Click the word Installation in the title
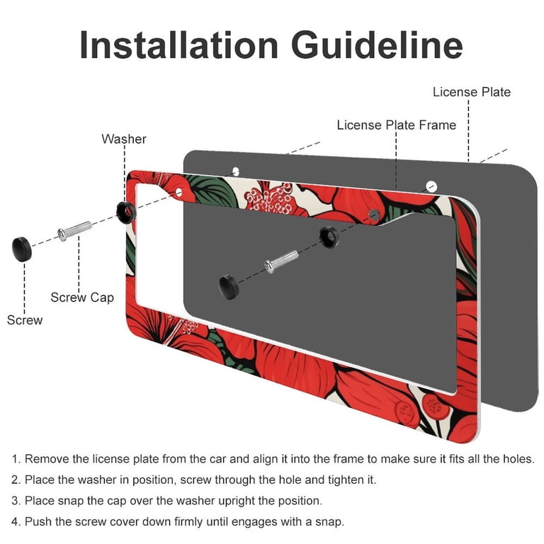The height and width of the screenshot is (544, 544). click(178, 45)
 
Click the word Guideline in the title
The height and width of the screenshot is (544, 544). click(377, 45)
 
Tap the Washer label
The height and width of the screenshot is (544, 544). click(124, 139)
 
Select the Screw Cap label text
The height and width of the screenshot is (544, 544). click(82, 297)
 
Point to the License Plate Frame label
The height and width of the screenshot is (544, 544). click(396, 125)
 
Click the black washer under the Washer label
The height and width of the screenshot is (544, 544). click(125, 212)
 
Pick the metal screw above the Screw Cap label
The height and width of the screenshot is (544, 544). click(74, 231)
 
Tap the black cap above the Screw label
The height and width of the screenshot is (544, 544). click(22, 249)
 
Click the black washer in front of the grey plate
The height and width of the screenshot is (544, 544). click(329, 237)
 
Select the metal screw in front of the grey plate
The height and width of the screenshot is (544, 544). click(281, 261)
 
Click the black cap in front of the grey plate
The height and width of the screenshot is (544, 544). click(229, 287)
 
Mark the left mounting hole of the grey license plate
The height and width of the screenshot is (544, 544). click(236, 171)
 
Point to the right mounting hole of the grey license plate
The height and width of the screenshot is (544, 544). click(431, 186)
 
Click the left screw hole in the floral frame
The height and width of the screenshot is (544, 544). click(178, 191)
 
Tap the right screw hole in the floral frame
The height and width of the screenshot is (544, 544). click(374, 215)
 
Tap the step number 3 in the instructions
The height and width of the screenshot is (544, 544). click(15, 501)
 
